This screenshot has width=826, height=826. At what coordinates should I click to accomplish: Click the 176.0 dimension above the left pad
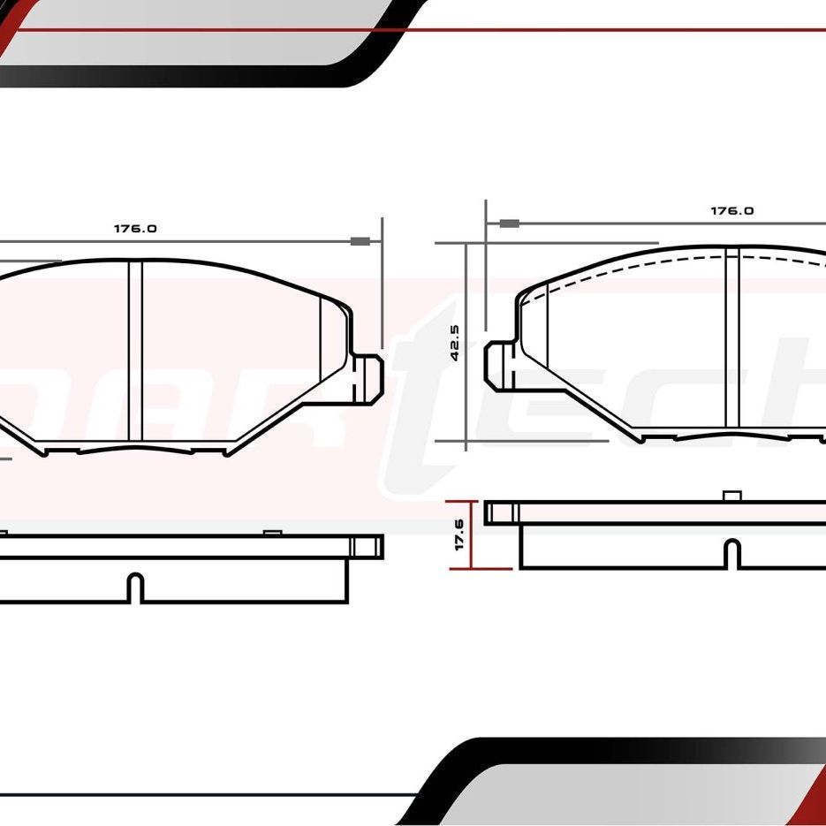134,228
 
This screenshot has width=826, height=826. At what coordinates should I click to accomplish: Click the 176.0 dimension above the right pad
732,211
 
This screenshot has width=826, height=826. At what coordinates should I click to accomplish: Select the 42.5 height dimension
455,343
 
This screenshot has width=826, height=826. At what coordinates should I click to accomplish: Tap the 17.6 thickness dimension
459,535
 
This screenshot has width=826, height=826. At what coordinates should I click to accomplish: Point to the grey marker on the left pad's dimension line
360,241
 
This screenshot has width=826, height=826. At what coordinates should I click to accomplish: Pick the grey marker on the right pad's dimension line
508,224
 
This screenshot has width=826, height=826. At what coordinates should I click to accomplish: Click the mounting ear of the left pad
368,375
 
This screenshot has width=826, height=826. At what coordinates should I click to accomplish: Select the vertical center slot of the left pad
134,351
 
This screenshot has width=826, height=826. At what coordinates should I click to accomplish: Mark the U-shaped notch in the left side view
134,588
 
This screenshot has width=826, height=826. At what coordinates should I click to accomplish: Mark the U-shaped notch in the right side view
731,554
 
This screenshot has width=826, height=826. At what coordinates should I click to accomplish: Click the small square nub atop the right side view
731,496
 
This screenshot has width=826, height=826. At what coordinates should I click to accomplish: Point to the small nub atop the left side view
272,532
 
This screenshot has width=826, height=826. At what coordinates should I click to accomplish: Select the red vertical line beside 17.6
474,535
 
